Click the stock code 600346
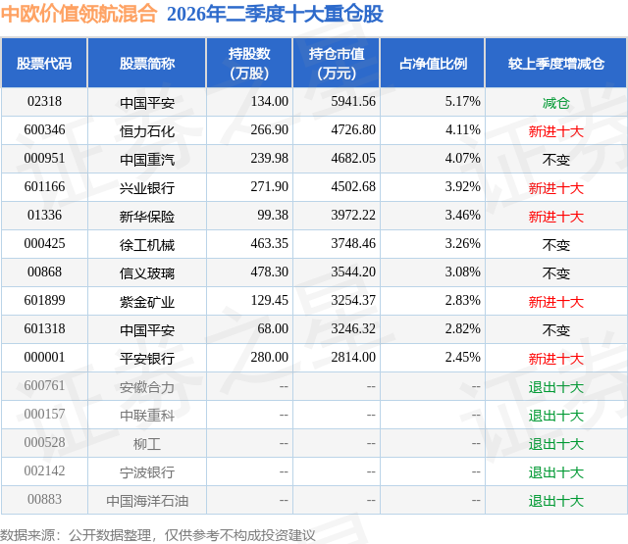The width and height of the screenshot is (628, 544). [x=44, y=130]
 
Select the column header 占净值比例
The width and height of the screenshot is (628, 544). [x=433, y=63]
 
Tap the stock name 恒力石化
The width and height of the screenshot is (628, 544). [x=147, y=131]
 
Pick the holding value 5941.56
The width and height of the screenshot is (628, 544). [x=353, y=102]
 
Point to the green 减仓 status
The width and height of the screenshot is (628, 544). [x=556, y=103]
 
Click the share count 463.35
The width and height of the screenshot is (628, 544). [x=270, y=244]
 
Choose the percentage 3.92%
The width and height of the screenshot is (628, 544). [x=462, y=187]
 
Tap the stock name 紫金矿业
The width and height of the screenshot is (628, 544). [x=147, y=302]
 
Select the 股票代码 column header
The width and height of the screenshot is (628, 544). [x=44, y=63]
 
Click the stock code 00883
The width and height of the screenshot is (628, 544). [x=44, y=499]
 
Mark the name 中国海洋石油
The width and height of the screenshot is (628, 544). [x=147, y=501]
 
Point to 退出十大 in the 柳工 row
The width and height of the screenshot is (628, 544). [x=556, y=444]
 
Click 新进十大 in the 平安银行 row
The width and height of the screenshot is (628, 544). [x=556, y=359]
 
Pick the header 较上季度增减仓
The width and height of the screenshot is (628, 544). [x=556, y=63]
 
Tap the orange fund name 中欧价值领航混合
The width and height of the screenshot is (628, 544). [x=78, y=14]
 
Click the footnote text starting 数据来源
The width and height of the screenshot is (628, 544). [x=158, y=535]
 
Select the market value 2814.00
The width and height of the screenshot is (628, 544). [x=353, y=357]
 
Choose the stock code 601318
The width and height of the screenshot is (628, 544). [x=44, y=328]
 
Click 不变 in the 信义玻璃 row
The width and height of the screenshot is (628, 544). [x=556, y=273]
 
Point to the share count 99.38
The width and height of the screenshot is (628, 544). [x=273, y=216]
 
